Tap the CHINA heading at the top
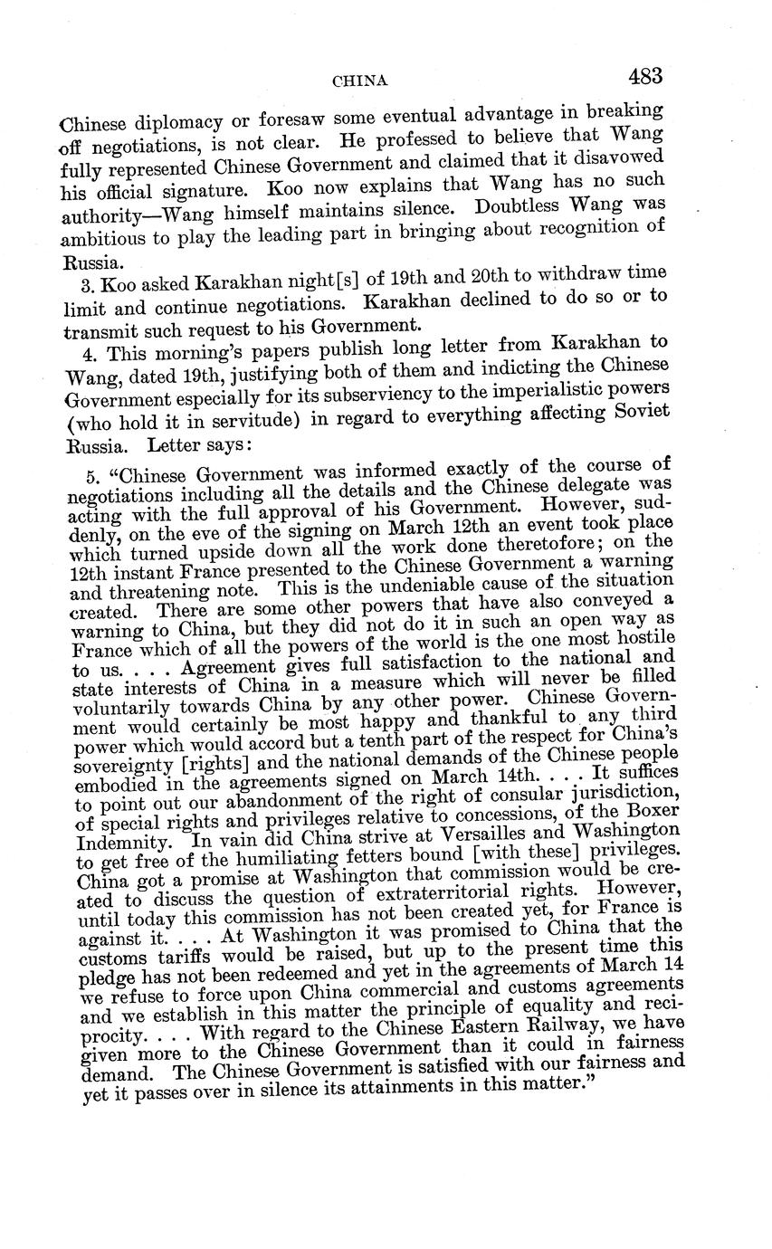coord(360,81)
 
